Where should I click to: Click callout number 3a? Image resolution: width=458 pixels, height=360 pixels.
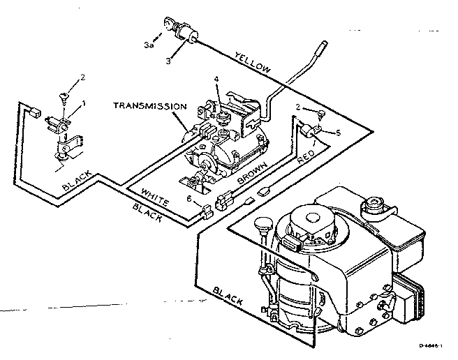tap(149, 44)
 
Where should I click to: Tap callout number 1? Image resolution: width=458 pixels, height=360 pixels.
tap(84, 103)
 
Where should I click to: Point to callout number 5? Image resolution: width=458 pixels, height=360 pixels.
tap(338, 133)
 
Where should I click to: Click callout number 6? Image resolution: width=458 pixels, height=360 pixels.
tap(189, 200)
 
